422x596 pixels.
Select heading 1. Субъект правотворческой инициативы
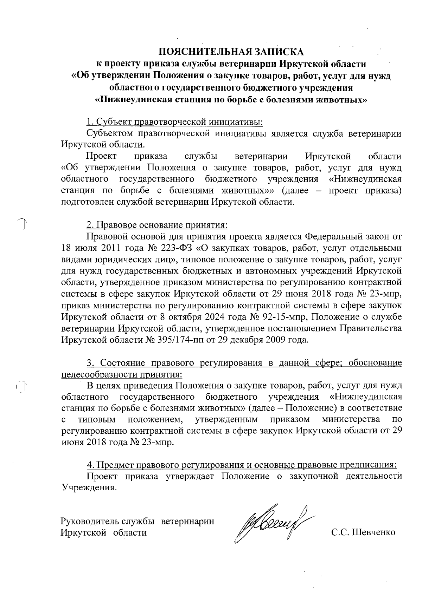point(174,122)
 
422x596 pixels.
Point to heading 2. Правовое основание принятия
point(157,224)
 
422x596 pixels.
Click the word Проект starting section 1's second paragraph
point(102,156)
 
